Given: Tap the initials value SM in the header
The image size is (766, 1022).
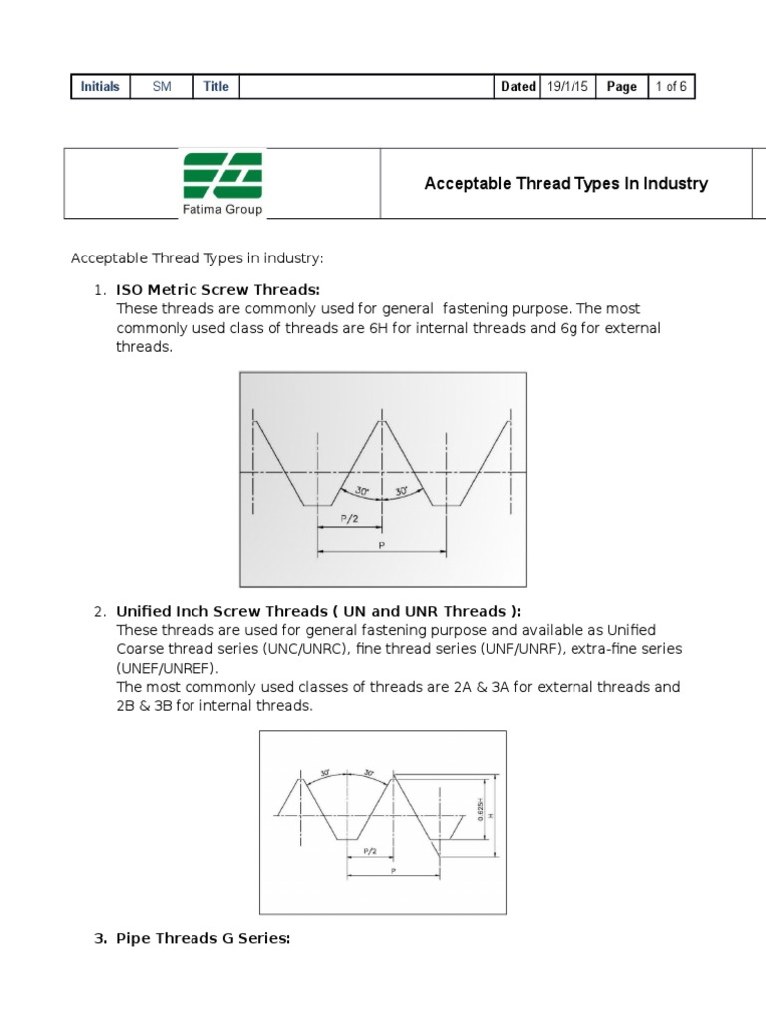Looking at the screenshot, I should point(162,87).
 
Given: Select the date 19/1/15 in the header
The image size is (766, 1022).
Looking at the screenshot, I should point(568,87).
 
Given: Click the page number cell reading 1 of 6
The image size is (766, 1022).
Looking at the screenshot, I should point(670,87).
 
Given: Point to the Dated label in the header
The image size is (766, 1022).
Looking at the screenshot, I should point(518,87).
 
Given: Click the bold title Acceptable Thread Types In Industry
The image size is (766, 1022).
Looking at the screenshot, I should point(566,183).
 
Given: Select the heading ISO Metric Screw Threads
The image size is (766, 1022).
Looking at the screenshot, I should point(217,290).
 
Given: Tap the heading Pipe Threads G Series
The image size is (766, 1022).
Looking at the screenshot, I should point(202,939).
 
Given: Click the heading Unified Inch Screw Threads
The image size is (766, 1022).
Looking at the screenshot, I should point(317,611).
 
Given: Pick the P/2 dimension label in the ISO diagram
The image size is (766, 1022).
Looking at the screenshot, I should point(346,519).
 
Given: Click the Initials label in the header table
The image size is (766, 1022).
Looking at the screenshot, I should point(100,87).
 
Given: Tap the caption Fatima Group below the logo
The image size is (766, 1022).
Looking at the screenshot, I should point(222,210).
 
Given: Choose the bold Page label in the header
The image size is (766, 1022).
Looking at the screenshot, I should point(621,87).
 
